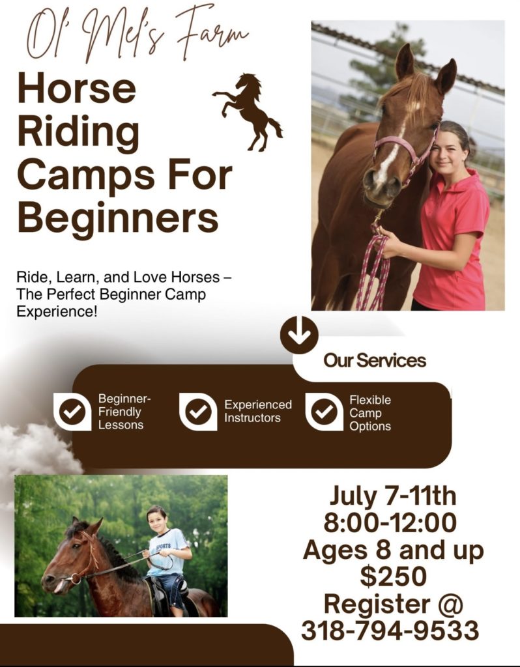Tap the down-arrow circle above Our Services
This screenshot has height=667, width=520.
tap(299, 335)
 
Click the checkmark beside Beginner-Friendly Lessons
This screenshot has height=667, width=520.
tap(72, 412)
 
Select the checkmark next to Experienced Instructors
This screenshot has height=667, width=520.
tap(198, 412)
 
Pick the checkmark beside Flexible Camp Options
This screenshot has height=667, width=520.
tap(325, 412)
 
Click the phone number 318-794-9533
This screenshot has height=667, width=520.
tap(390, 631)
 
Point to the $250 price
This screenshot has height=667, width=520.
tap(393, 576)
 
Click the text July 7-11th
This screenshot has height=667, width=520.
tap(392, 496)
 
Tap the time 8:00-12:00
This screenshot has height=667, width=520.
tap(390, 522)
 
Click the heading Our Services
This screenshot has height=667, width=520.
tap(375, 360)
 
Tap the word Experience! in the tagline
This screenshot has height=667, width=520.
tap(57, 312)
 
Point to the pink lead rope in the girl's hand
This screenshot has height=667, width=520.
tap(373, 268)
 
